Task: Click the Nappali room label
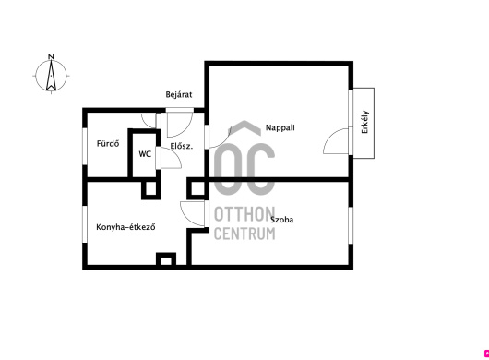(x=280, y=127)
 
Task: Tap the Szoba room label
(x=281, y=220)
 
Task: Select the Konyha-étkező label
(x=125, y=227)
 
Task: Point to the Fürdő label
(x=108, y=143)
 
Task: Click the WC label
(x=145, y=154)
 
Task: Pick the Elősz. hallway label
(x=182, y=146)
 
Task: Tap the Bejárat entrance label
(x=179, y=94)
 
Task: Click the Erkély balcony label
(x=364, y=122)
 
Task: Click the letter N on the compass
(x=51, y=57)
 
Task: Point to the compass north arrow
(x=51, y=76)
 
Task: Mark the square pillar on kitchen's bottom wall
(x=166, y=260)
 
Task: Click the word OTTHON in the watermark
(x=244, y=214)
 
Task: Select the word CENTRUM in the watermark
(x=244, y=234)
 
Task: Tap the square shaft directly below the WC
(x=151, y=189)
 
